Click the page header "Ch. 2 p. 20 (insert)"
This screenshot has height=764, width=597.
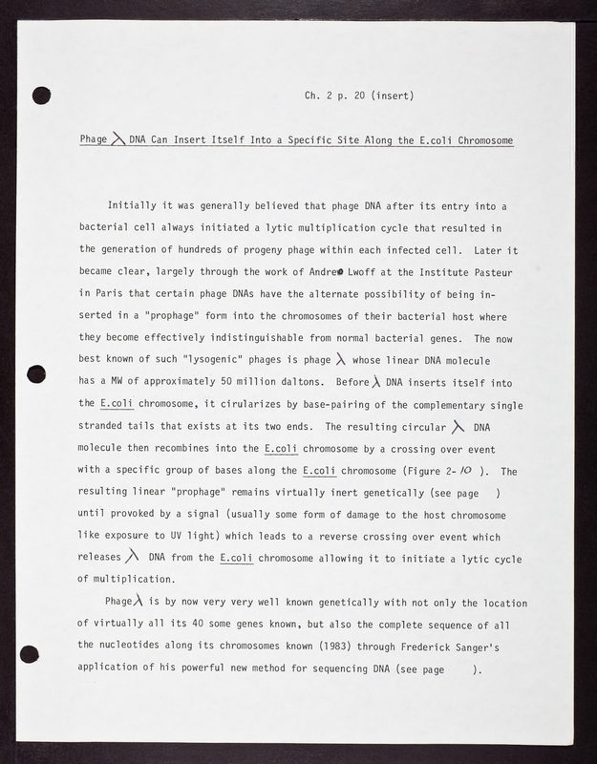pos(358,95)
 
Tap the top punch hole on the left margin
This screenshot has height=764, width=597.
pos(41,95)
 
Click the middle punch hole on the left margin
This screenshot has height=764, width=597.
pos(37,373)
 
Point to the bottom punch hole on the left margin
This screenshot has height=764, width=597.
pos(30,654)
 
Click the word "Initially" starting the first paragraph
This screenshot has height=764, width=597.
pos(133,205)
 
